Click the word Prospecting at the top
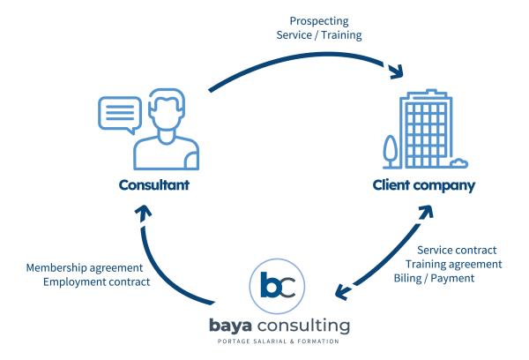click(319, 21)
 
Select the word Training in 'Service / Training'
click(341, 34)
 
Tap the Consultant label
click(153, 185)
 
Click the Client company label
click(424, 185)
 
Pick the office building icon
click(426, 129)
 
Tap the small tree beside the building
click(391, 151)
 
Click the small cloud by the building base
click(458, 163)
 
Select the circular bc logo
click(277, 287)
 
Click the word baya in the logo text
click(230, 326)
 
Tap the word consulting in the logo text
click(303, 326)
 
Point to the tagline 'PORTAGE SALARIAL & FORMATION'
click(279, 341)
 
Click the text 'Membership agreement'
click(85, 268)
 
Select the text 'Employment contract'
click(96, 282)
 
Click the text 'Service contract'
click(457, 251)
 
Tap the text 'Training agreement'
click(454, 265)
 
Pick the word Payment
click(452, 279)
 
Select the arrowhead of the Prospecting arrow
click(395, 71)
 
